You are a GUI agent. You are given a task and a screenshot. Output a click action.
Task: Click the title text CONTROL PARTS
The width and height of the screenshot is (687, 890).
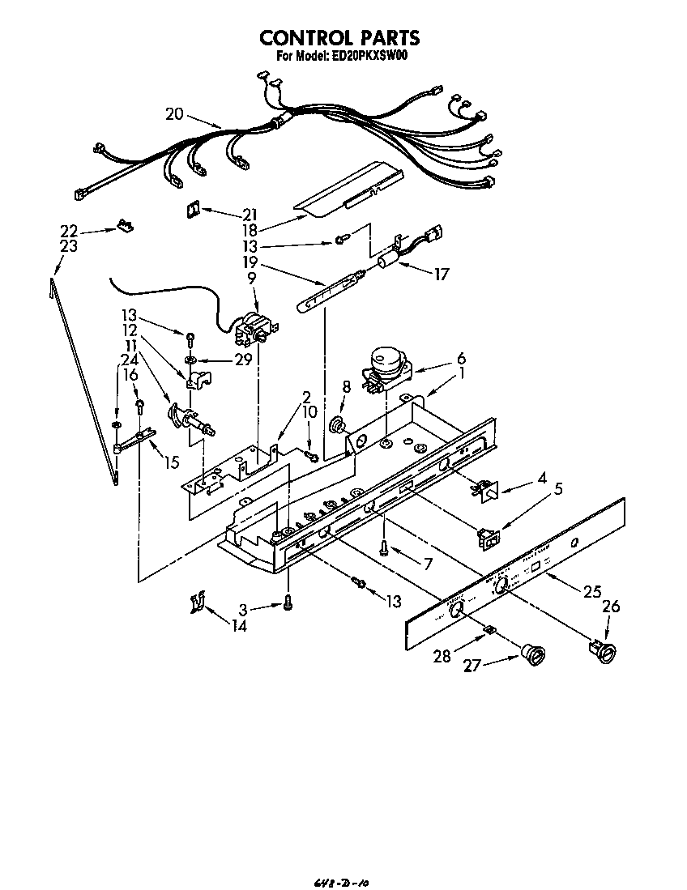click(x=339, y=37)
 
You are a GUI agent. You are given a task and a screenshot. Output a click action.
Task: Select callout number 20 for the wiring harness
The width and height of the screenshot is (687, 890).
click(x=175, y=114)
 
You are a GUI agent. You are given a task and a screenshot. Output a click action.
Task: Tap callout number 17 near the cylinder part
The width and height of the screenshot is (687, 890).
click(x=441, y=275)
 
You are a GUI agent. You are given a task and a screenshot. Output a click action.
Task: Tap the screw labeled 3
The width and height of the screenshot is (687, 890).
click(x=288, y=603)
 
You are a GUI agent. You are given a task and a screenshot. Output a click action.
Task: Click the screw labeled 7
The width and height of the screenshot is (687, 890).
click(x=386, y=549)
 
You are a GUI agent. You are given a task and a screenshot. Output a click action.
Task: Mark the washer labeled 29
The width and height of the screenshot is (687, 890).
click(x=189, y=358)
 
